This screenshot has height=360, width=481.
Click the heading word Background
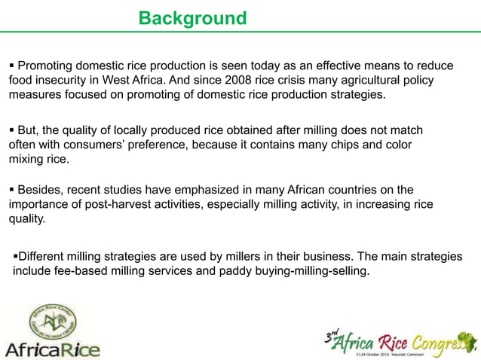(192, 18)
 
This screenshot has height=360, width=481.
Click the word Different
(47, 257)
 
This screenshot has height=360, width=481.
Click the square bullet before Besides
(11, 190)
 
